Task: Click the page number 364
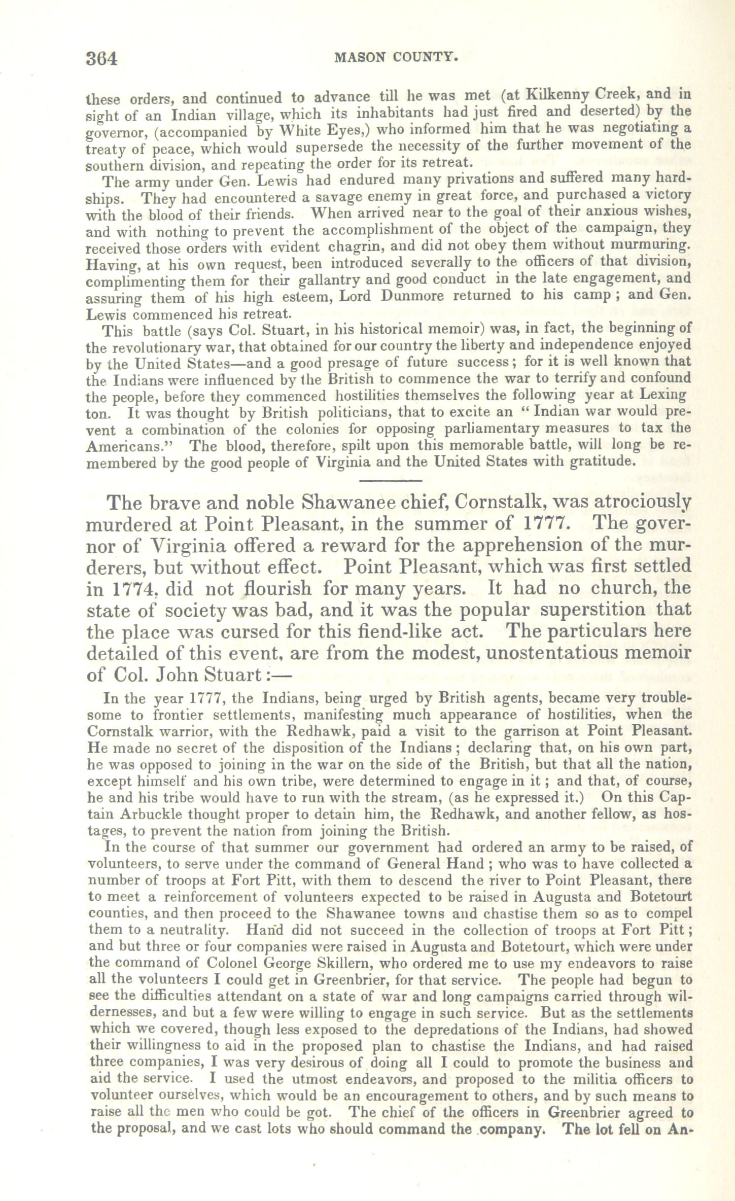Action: pos(102,59)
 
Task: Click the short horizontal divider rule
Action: pos(391,480)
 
